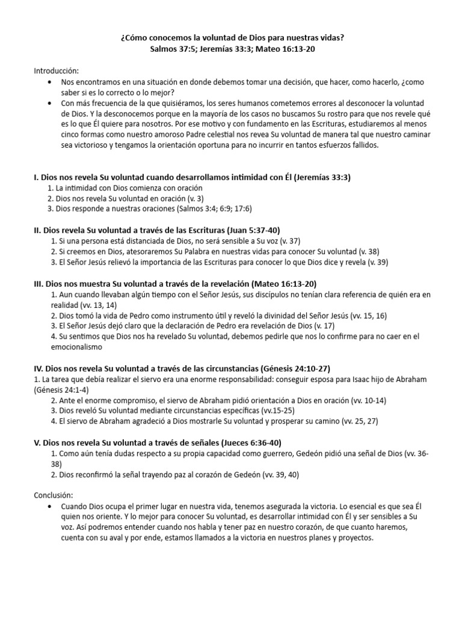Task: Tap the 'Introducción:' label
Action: coord(56,71)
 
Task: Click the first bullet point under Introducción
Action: coord(49,82)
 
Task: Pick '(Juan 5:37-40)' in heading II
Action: coord(252,230)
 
